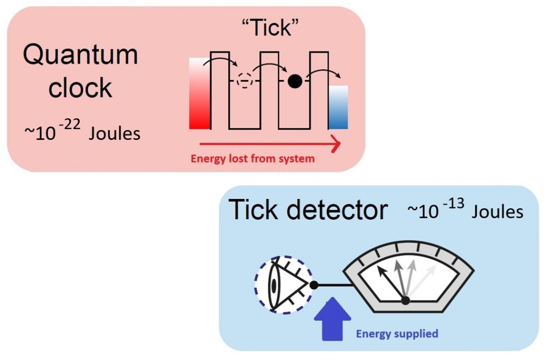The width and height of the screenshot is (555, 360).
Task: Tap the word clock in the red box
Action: (x=80, y=88)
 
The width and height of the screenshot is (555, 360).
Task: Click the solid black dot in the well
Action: (x=294, y=81)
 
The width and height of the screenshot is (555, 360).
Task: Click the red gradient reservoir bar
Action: (x=200, y=93)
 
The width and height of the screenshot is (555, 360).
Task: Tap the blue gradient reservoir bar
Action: (x=339, y=107)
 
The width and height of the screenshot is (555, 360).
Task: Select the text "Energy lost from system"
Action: (x=252, y=158)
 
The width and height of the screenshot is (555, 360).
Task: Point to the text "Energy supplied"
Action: (x=397, y=334)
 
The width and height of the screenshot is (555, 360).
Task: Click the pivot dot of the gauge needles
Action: (x=405, y=300)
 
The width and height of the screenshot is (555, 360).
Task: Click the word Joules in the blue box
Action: (x=497, y=211)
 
